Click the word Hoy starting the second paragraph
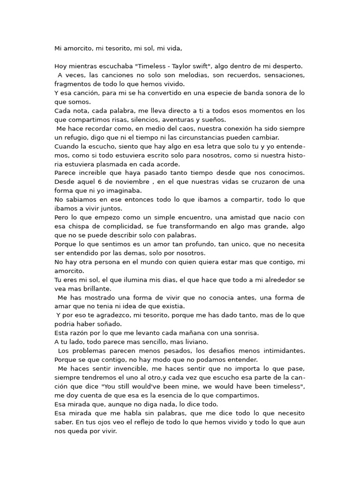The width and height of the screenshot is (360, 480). [61, 66]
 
